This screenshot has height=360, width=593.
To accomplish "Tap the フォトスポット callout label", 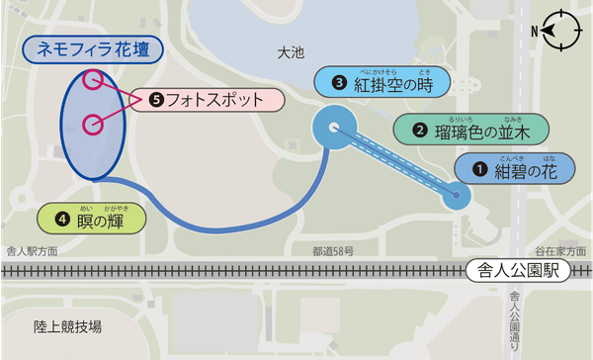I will (216, 100).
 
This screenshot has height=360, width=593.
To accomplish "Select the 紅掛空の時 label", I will (381, 84).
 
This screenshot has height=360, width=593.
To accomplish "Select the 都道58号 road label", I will (333, 251).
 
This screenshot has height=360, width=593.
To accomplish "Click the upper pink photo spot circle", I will (93, 79).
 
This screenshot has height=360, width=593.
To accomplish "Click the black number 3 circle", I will (339, 83).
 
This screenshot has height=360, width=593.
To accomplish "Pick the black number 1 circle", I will (479, 170).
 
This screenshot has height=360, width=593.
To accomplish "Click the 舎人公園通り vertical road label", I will (515, 316).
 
